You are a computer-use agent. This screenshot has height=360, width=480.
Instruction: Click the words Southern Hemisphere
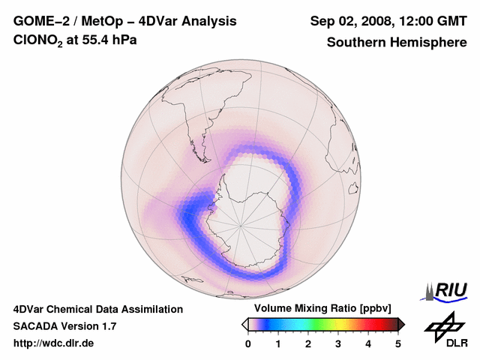point(396,42)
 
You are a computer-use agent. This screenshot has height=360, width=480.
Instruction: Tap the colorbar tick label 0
point(248,343)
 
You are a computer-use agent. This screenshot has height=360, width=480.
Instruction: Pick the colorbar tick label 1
point(278,343)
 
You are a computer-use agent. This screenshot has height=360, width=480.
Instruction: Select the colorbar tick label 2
point(308,343)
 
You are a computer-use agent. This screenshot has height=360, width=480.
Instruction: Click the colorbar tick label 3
point(338,343)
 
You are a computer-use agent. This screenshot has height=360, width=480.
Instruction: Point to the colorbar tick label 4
point(368,343)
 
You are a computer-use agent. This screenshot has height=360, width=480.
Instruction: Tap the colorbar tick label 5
point(398,343)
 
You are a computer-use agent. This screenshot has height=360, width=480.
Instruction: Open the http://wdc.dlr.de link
point(54,343)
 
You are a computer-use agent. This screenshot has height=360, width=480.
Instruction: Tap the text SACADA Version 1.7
point(65,326)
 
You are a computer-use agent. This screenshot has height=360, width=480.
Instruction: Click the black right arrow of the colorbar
point(401,324)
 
